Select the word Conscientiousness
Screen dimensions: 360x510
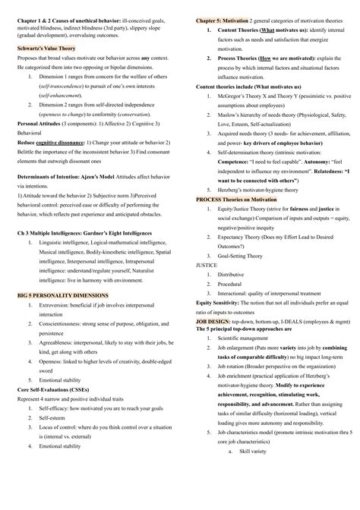[67, 324]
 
